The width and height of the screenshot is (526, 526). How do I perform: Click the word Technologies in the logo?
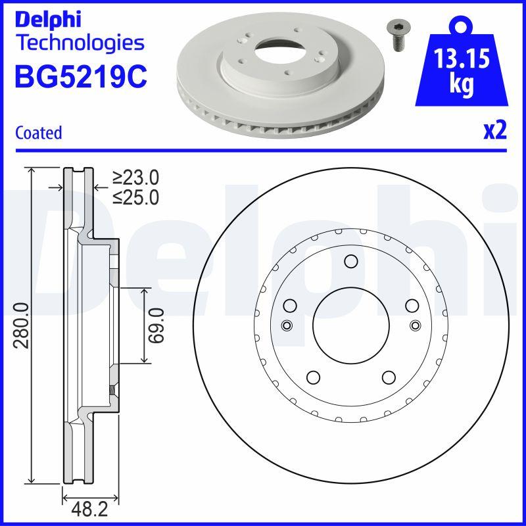pos(79,43)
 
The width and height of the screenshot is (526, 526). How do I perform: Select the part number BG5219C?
pos(80,77)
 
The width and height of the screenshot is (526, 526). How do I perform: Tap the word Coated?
pos(38,132)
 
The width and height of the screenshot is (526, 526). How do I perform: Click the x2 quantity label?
pos(494,131)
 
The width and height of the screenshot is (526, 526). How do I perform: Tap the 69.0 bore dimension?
pos(156,325)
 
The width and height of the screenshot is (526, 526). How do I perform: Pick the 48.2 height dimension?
pos(90,509)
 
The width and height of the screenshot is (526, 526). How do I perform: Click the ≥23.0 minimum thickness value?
pos(135,178)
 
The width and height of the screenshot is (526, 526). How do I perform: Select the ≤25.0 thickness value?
pos(135,197)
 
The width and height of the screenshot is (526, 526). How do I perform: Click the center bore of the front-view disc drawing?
pos(350,325)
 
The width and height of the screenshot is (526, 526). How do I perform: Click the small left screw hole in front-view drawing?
pos(286,325)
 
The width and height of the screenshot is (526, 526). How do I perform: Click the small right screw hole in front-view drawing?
pos(414,325)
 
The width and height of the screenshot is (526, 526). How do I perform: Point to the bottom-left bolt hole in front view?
pos(313,377)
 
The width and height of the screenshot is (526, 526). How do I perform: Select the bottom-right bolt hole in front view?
pos(388,377)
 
